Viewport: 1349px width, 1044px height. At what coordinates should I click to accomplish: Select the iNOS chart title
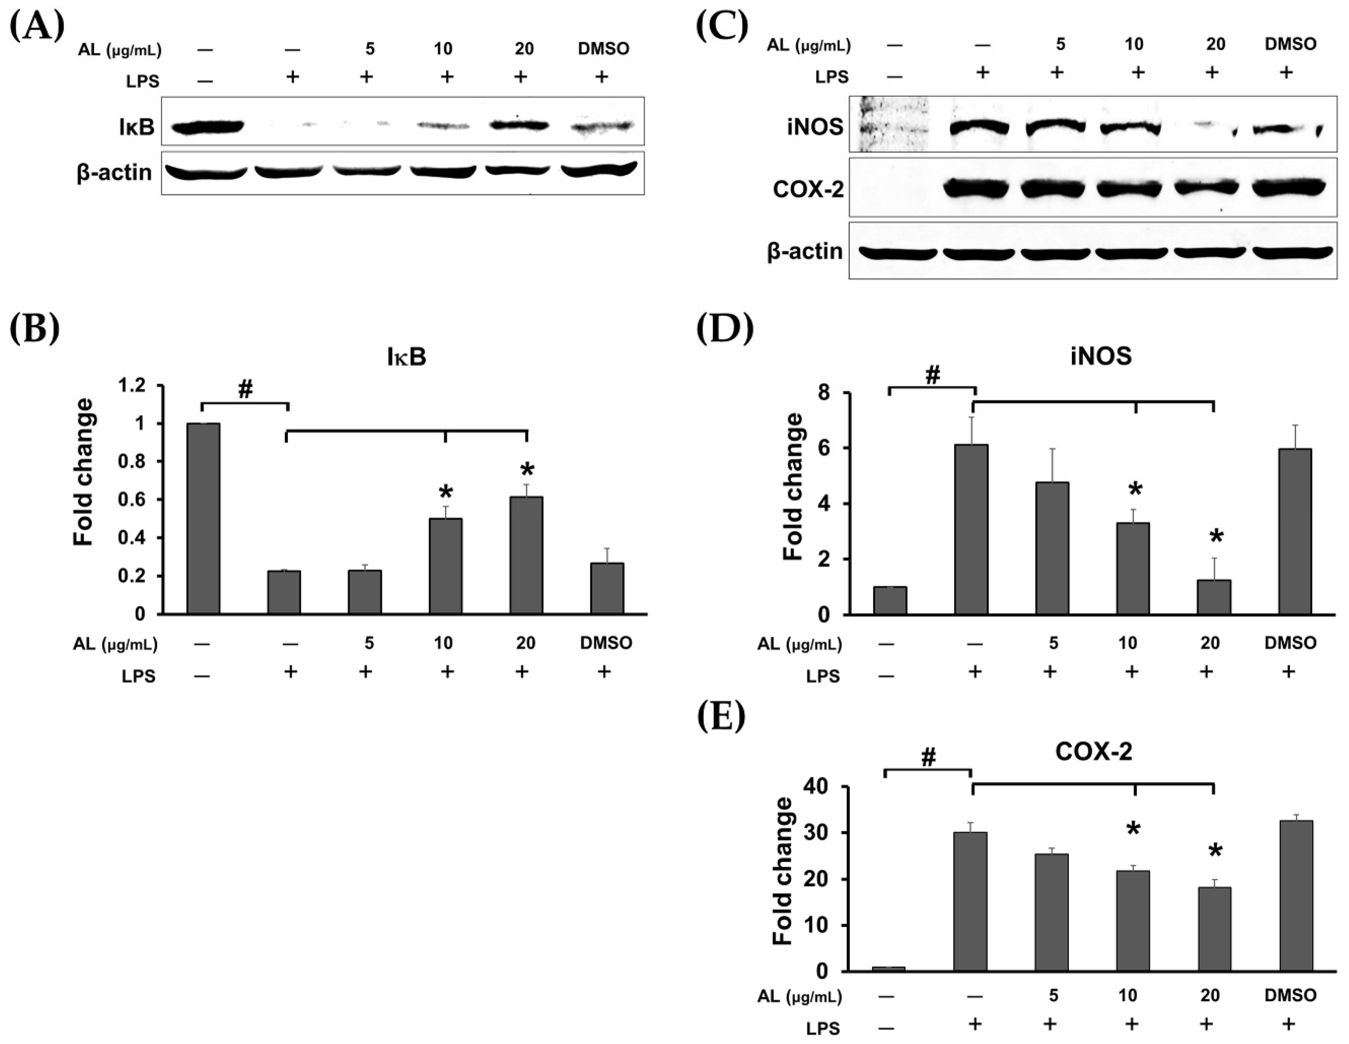(x=1101, y=356)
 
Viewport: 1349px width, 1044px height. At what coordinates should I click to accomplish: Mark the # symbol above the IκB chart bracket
(x=245, y=389)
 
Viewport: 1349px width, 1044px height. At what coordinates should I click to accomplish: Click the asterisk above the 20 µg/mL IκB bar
(x=526, y=469)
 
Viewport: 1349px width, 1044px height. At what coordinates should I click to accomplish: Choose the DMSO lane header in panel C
(x=1290, y=44)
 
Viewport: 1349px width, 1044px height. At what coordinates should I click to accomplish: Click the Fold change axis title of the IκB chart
(x=83, y=473)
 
